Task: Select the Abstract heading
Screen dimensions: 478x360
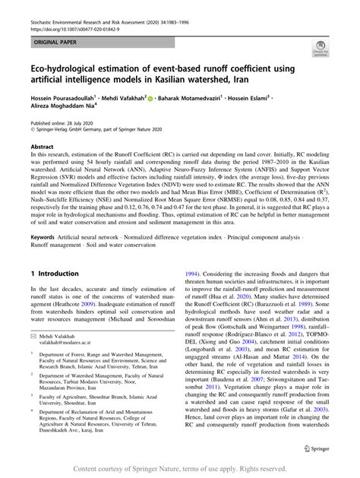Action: pos(43,166)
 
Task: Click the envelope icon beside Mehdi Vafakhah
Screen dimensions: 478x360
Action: pos(34,356)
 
